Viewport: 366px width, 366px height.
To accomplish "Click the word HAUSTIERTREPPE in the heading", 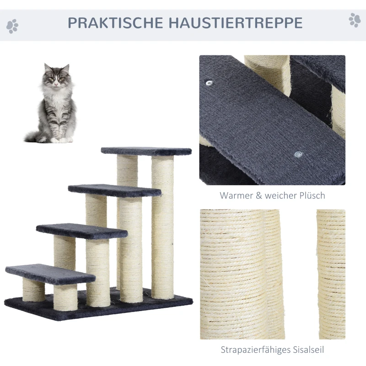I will click(232, 22).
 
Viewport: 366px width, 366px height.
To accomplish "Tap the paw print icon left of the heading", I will click(12, 26).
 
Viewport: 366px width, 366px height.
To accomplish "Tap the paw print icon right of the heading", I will click(355, 20).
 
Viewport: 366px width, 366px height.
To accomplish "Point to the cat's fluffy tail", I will click(34, 136).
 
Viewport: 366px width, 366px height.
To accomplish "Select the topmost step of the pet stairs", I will click(146, 151).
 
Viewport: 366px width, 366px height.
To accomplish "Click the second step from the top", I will click(114, 190).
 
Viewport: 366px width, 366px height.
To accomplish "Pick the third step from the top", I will click(82, 231).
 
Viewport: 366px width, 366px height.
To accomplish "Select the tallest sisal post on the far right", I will click(163, 226).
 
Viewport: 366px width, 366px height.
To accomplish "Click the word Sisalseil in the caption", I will click(307, 350).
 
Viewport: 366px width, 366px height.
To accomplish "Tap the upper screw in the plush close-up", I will click(210, 83).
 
